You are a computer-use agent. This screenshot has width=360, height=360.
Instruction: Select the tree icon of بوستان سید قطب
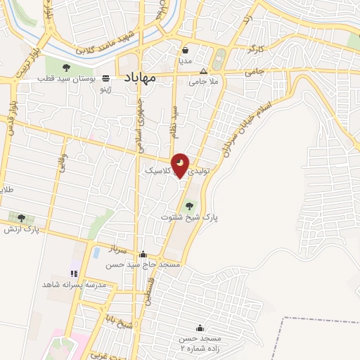point(66,68)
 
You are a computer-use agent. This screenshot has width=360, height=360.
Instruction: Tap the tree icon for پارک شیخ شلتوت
point(187,205)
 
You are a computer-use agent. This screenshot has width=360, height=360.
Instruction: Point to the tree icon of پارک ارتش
point(21,218)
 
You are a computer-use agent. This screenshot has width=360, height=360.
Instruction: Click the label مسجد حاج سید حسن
point(143,265)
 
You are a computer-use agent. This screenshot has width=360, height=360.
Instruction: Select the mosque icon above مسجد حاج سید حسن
point(143,255)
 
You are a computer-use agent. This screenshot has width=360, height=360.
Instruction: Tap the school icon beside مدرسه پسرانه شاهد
point(74,273)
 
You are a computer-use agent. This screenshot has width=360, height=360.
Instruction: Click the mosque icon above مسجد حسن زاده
point(200,328)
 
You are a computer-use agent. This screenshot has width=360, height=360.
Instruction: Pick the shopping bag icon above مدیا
point(185,51)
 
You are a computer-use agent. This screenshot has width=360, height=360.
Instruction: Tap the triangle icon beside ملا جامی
point(204,71)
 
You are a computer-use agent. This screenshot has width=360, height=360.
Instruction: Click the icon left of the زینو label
point(105,78)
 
